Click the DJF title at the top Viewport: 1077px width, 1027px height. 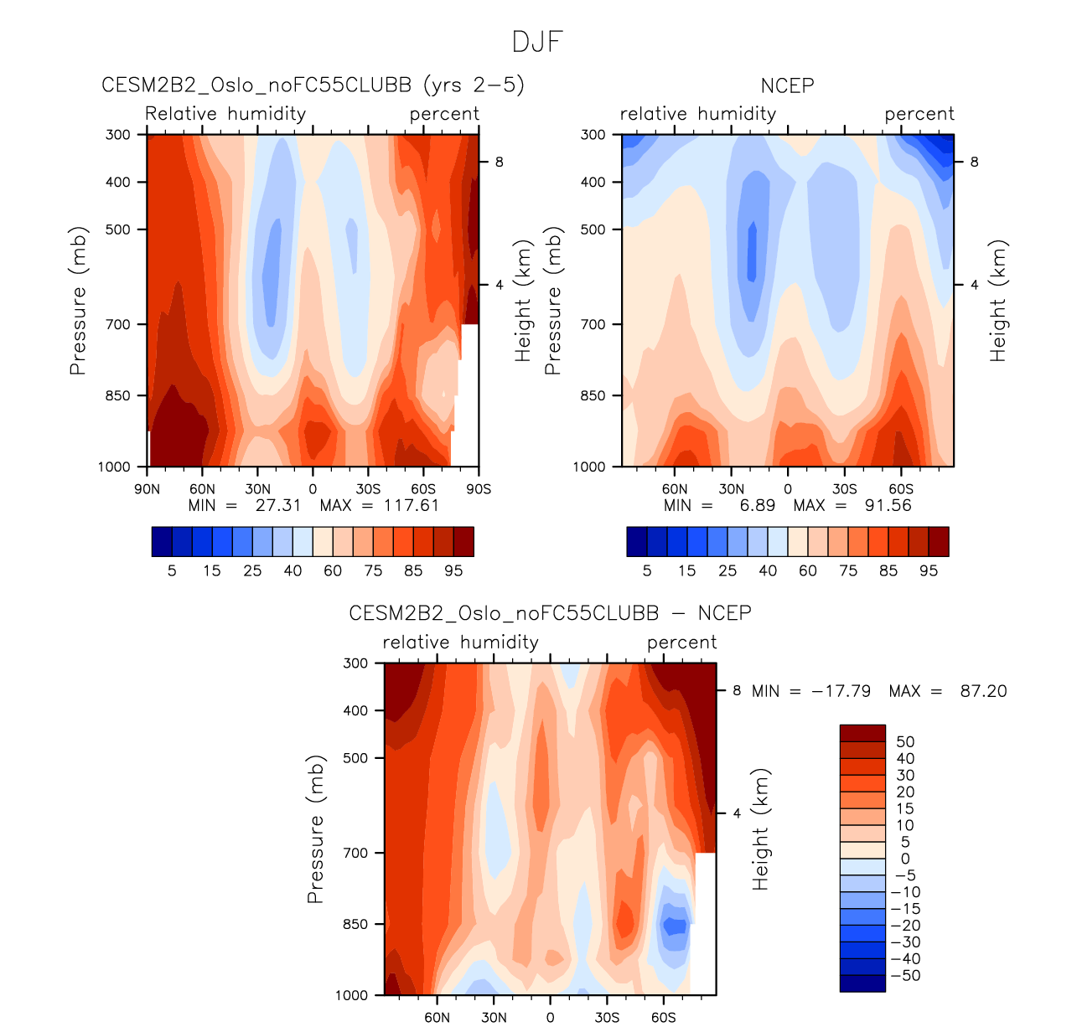537,42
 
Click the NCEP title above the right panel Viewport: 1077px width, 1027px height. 787,85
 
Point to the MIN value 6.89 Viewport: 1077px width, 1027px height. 758,505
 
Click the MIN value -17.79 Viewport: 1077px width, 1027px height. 841,691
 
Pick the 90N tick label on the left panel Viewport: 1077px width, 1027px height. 147,489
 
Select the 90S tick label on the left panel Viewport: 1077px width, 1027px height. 479,489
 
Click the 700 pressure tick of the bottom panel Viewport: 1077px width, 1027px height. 355,853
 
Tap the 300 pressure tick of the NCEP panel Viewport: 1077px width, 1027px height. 593,134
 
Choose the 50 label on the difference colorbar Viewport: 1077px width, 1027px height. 905,741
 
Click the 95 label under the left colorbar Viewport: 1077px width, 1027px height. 453,570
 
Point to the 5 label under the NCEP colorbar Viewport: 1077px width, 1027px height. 647,570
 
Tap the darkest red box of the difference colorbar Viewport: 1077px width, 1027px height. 862,733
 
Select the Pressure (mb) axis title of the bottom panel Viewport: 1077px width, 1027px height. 315,829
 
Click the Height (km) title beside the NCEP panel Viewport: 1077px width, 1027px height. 997,301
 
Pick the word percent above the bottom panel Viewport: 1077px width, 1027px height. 681,643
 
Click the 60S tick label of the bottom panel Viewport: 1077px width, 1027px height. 663,1018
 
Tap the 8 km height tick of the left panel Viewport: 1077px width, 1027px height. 499,162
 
